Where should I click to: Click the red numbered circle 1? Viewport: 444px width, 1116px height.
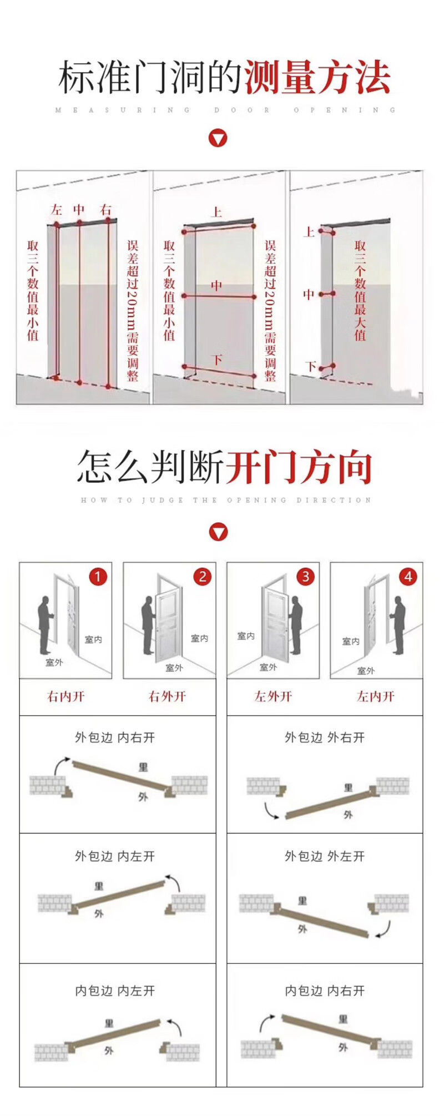click(x=98, y=577)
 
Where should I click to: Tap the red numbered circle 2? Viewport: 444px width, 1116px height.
click(x=202, y=577)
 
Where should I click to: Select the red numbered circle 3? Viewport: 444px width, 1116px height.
click(x=305, y=577)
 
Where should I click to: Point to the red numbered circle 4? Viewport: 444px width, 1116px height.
click(x=408, y=577)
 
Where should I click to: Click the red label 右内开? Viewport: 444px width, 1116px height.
click(x=66, y=696)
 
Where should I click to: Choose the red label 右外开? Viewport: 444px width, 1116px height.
click(x=167, y=696)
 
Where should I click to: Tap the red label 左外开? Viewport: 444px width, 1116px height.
click(x=273, y=696)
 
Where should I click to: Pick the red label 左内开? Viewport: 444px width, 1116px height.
click(x=375, y=696)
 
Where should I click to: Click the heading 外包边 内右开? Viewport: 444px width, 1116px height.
click(x=115, y=738)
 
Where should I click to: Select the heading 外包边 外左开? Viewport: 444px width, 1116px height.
click(x=325, y=856)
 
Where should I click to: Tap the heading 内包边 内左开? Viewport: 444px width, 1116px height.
click(x=115, y=991)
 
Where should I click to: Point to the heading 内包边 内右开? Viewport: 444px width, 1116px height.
click(x=325, y=991)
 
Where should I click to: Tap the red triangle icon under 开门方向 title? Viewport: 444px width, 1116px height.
click(x=218, y=532)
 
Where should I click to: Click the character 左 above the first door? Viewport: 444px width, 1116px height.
click(x=56, y=210)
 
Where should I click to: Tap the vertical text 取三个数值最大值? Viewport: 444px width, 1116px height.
click(x=360, y=290)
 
